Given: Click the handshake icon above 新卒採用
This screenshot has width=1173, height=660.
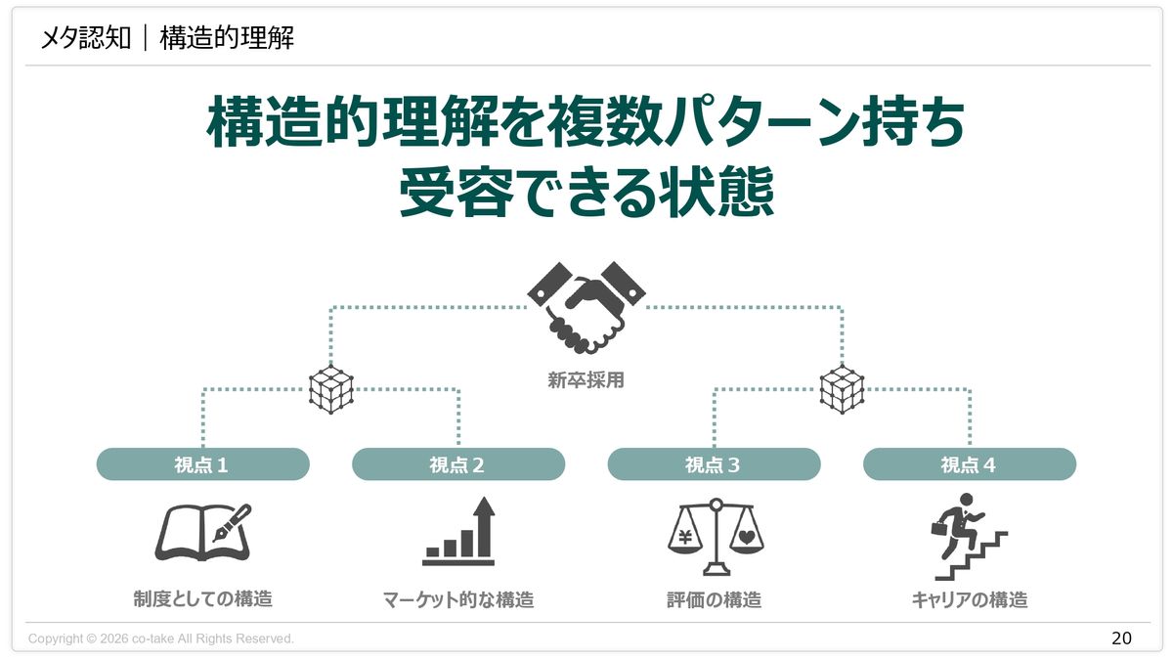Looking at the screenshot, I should (x=586, y=307).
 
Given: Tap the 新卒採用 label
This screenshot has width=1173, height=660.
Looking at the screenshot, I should (x=586, y=380).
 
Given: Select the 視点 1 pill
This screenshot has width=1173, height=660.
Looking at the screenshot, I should (x=202, y=464).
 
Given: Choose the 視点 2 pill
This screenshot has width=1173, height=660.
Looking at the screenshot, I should (x=457, y=464).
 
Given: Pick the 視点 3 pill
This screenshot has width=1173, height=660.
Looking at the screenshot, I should (x=714, y=464).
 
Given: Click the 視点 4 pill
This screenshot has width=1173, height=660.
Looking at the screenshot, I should (x=969, y=464).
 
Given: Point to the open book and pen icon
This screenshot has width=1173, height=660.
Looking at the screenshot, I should (x=202, y=533).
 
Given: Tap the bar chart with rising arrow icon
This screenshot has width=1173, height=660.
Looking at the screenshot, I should (x=459, y=533).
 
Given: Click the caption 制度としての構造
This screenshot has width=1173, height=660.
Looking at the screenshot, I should (x=202, y=598).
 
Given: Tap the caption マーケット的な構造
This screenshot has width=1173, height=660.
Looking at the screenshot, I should (x=458, y=599).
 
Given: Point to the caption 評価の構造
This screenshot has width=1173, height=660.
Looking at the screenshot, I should (x=714, y=599).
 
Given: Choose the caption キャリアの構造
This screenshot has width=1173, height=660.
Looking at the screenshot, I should (x=969, y=599).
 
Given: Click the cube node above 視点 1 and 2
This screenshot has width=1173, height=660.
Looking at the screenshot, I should (x=331, y=390).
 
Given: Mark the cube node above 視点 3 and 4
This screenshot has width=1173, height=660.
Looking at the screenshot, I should (x=842, y=390).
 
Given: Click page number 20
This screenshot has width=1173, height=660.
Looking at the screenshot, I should (x=1121, y=638).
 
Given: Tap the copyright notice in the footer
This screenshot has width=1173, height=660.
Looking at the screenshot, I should (x=161, y=638).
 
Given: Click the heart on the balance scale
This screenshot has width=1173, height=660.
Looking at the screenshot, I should (x=746, y=536).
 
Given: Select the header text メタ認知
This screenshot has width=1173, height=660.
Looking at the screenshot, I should (x=85, y=38).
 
